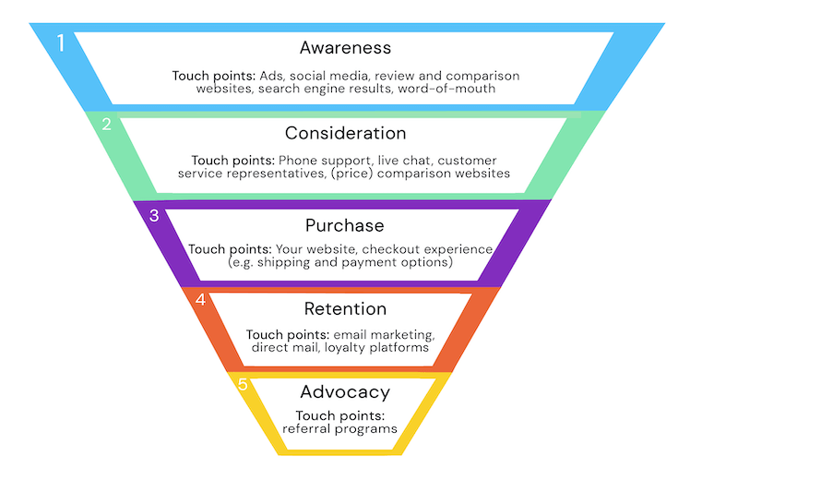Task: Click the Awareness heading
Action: click(345, 48)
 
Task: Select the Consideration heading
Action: click(345, 133)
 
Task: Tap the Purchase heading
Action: click(344, 226)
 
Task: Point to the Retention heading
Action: click(345, 309)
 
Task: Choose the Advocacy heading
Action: click(345, 392)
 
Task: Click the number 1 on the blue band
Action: click(61, 43)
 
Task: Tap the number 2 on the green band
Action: click(107, 124)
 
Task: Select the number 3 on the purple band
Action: click(154, 215)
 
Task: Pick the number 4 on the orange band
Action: click(200, 299)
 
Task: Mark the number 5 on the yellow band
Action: click(243, 384)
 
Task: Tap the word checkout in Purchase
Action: click(391, 249)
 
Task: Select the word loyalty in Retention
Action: click(345, 348)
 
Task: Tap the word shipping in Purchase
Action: click(284, 262)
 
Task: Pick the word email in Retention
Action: click(351, 335)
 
